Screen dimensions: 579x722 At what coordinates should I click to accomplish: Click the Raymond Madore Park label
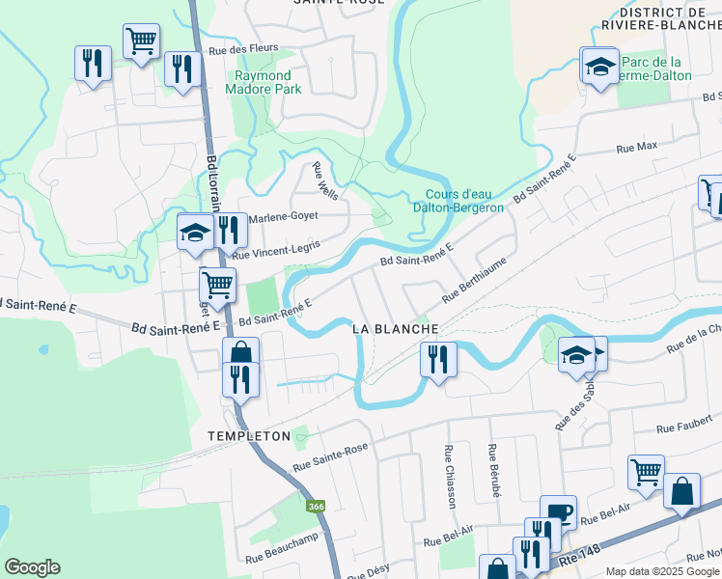263,82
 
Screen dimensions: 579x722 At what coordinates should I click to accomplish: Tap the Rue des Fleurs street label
242,48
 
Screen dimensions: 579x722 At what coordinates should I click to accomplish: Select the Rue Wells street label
324,179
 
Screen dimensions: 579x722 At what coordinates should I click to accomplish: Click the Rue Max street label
636,147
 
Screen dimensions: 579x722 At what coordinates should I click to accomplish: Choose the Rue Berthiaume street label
475,280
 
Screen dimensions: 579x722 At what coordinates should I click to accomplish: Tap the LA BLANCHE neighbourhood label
396,329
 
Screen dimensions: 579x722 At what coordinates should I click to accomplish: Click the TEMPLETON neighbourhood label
249,436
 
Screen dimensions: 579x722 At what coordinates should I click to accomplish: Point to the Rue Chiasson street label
449,476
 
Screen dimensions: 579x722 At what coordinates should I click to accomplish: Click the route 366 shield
317,507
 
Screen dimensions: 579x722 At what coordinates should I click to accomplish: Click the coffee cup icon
557,510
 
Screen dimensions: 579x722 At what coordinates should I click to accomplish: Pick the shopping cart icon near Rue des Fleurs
142,41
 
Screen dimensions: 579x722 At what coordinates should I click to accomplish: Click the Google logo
32,567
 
